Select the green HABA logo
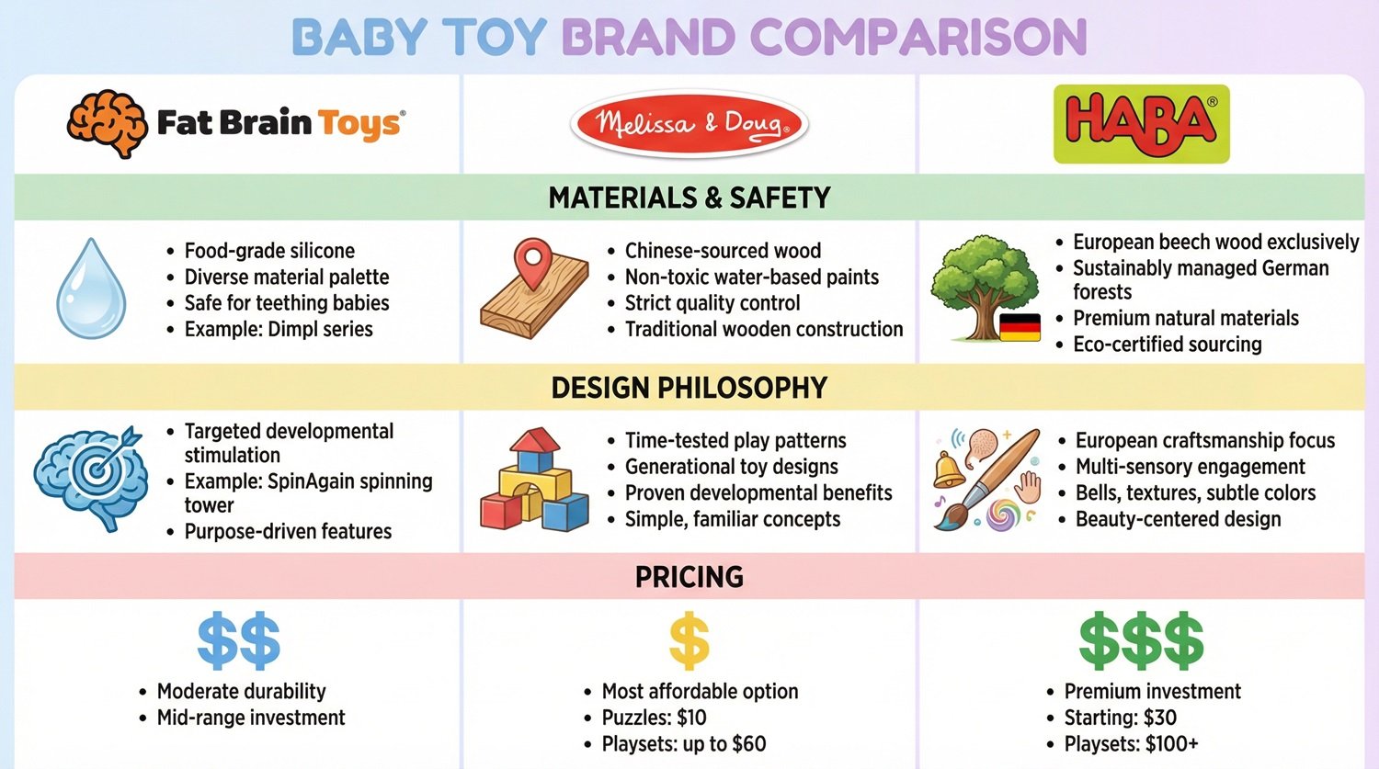pos(1141,124)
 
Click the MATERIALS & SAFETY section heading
pos(689,198)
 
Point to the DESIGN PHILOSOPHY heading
pos(689,388)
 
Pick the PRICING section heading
pos(689,577)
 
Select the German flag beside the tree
pos(1019,327)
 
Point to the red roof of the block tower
pos(535,440)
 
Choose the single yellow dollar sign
pos(689,641)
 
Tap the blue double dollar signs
pos(239,640)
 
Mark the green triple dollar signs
pos(1141,640)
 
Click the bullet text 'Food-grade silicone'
pos(269,251)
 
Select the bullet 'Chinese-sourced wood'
pos(723,251)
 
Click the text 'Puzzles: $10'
pos(654,718)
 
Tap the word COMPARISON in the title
pos(918,38)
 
